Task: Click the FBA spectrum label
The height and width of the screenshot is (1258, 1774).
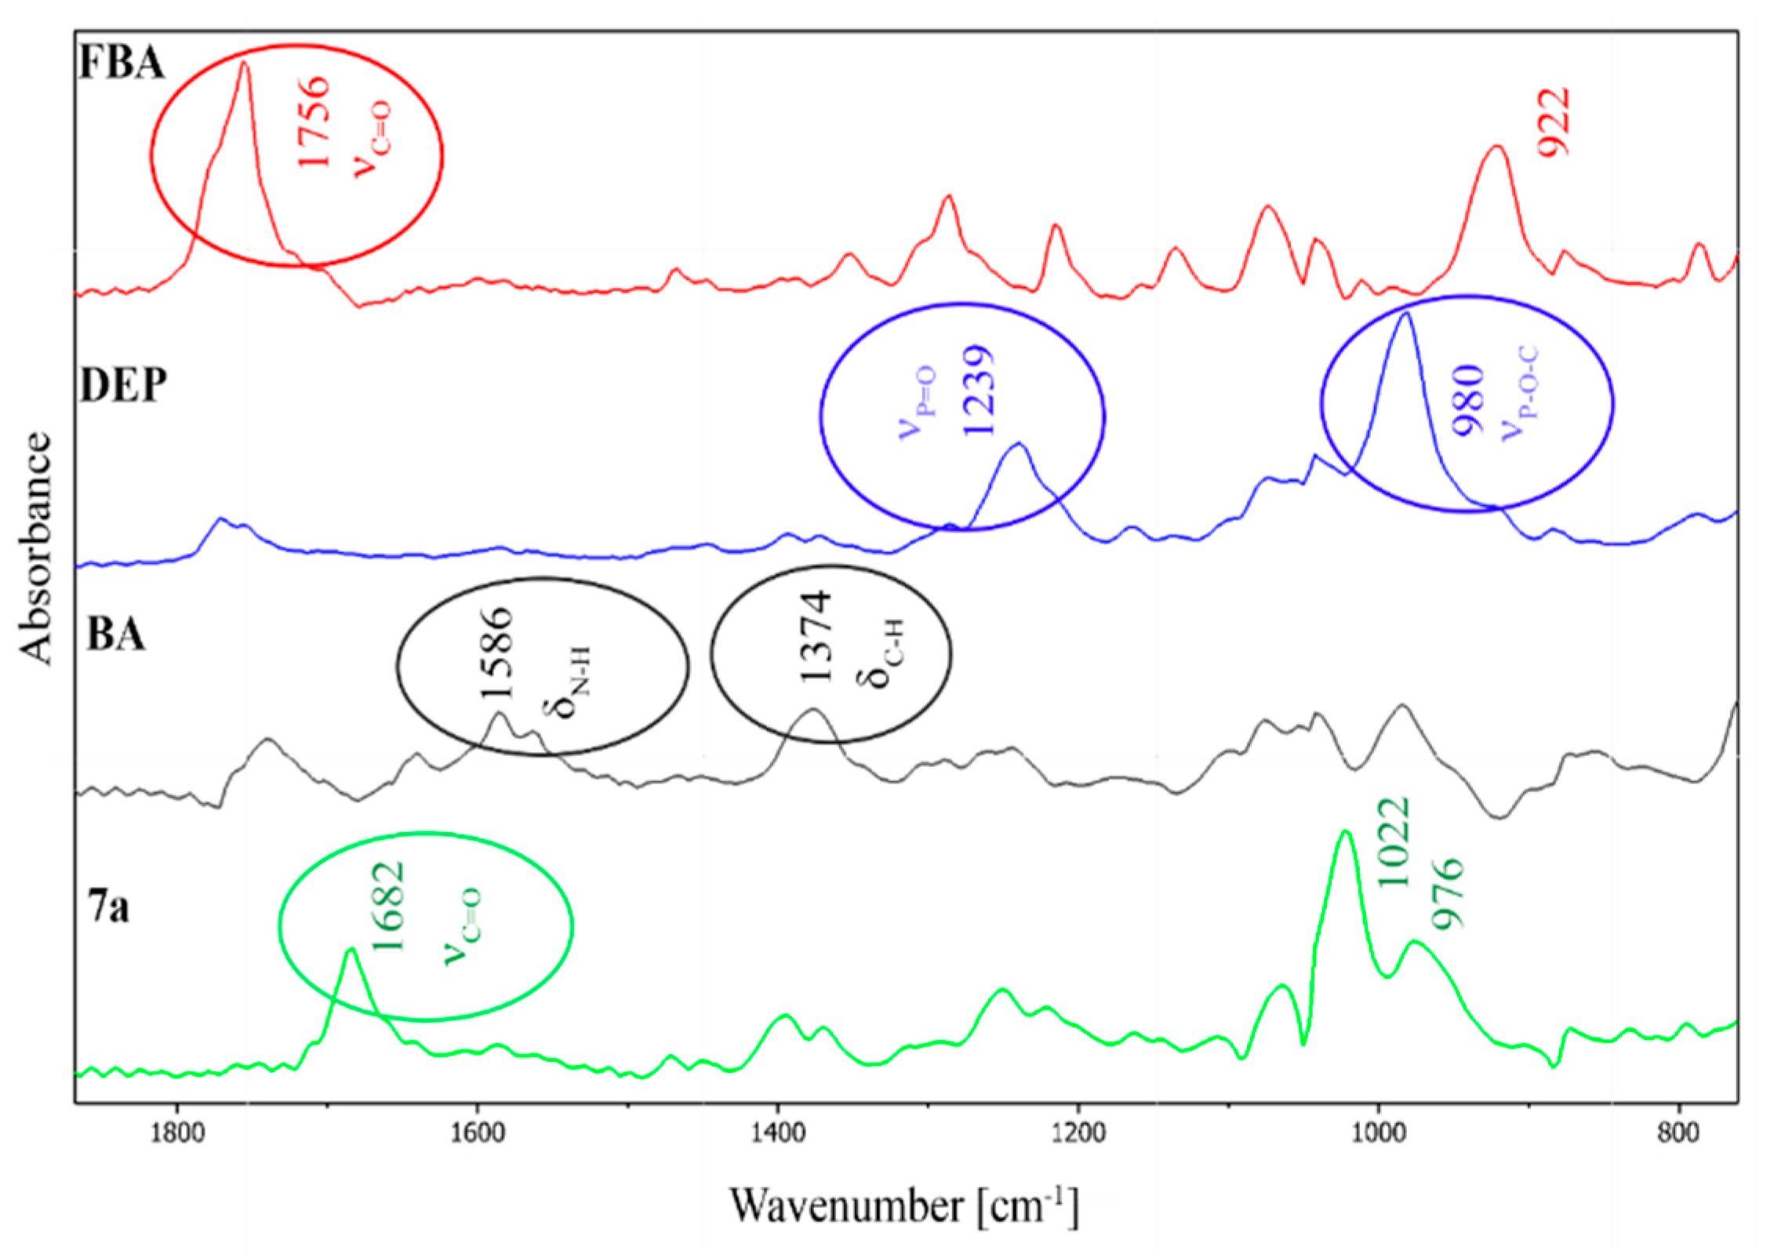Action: (x=122, y=61)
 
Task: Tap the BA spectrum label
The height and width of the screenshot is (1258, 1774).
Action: (x=116, y=633)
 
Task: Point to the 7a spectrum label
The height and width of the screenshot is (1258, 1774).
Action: (x=108, y=907)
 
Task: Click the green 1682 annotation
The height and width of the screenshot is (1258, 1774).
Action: (x=388, y=906)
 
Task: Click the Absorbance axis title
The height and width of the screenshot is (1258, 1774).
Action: (x=35, y=548)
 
